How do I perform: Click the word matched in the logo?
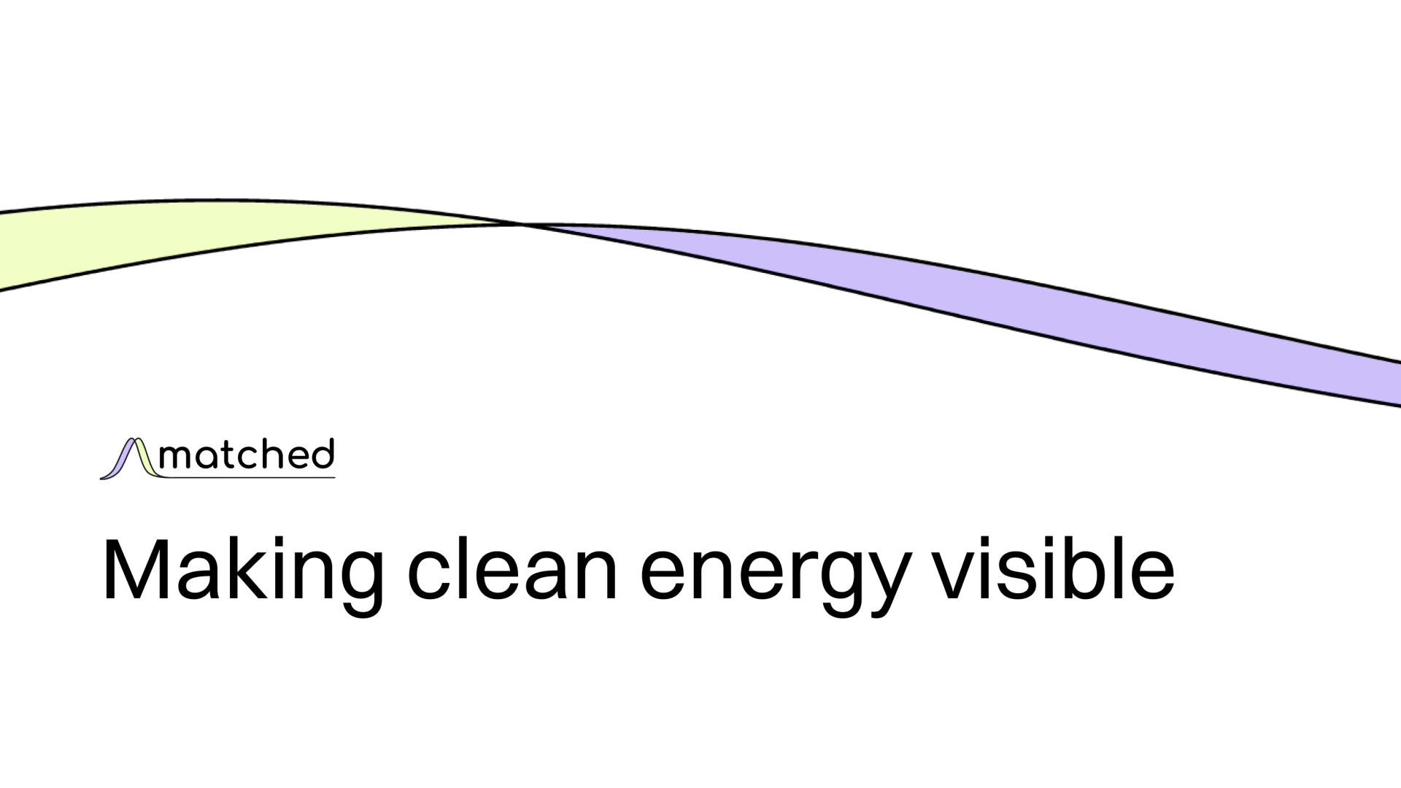point(245,455)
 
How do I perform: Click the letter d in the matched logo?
point(322,454)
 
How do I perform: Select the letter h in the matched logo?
point(274,454)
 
